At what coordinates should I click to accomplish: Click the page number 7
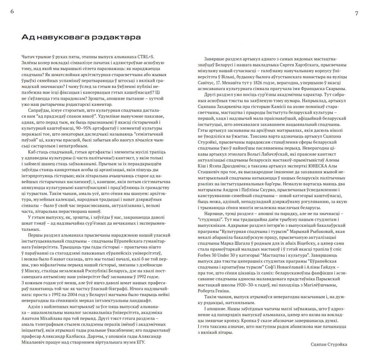coord(356,13)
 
